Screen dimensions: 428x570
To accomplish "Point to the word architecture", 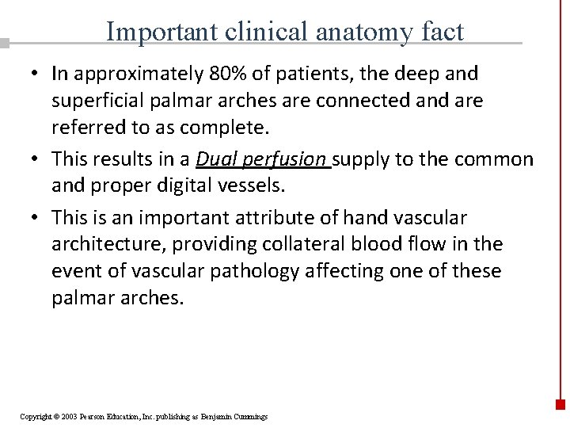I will pos(100,245).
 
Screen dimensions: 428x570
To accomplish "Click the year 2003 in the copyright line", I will pos(67,417).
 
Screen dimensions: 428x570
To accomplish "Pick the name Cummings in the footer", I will pos(251,417).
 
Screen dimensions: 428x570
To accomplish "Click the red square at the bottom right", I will pos(560,403).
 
